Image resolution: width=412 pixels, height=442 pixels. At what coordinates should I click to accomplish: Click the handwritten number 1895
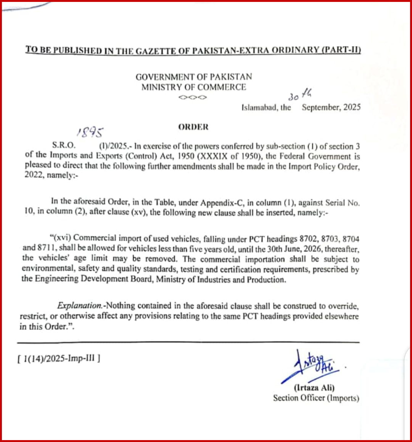pyautogui.click(x=90, y=132)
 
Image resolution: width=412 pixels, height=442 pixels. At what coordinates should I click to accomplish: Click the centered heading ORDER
pyautogui.click(x=193, y=127)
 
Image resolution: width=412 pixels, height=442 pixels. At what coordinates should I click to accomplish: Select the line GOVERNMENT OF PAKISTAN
pyautogui.click(x=194, y=77)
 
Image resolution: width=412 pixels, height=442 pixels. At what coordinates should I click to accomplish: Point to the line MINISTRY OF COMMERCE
pyautogui.click(x=194, y=87)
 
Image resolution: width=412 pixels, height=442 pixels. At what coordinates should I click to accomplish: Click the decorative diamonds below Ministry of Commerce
pyautogui.click(x=193, y=97)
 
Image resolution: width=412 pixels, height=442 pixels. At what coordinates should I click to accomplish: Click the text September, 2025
pyautogui.click(x=331, y=107)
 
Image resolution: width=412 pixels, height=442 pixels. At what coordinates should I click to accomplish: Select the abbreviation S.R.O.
pyautogui.click(x=64, y=145)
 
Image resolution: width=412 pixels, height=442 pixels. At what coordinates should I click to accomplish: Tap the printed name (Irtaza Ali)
pyautogui.click(x=314, y=388)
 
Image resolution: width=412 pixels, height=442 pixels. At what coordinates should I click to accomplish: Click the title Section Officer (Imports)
pyautogui.click(x=316, y=398)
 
